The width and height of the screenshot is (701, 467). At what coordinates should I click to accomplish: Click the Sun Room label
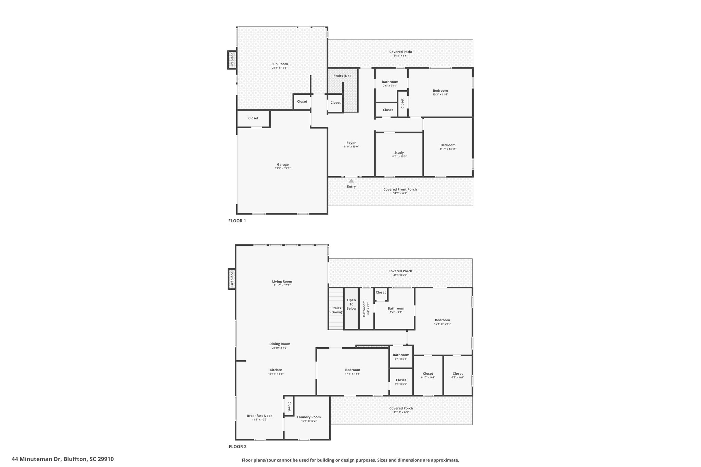pyautogui.click(x=280, y=64)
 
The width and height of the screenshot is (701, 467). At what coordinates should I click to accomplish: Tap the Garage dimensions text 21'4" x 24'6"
pyautogui.click(x=283, y=168)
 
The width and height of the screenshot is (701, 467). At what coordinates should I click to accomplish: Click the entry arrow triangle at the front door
pyautogui.click(x=351, y=181)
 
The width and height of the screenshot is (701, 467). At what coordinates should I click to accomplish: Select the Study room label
pyautogui.click(x=399, y=153)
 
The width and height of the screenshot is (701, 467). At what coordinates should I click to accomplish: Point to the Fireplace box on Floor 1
pyautogui.click(x=232, y=60)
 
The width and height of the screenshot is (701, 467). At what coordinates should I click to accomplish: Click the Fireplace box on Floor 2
pyautogui.click(x=232, y=279)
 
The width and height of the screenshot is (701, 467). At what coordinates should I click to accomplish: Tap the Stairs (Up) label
pyautogui.click(x=342, y=76)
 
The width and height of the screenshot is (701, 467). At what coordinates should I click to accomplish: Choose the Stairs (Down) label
pyautogui.click(x=336, y=310)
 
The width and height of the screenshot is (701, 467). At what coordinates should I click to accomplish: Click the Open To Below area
pyautogui.click(x=351, y=309)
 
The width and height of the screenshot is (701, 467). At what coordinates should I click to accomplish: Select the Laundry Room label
pyautogui.click(x=309, y=417)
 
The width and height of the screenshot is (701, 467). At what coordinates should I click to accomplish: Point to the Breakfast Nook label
pyautogui.click(x=260, y=416)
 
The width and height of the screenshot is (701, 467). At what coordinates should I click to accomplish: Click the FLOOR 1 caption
pyautogui.click(x=237, y=221)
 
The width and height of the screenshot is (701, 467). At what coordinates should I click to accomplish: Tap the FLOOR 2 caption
pyautogui.click(x=238, y=446)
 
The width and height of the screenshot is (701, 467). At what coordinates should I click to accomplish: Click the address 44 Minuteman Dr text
pyautogui.click(x=36, y=459)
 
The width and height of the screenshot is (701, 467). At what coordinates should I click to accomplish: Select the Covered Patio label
pyautogui.click(x=400, y=52)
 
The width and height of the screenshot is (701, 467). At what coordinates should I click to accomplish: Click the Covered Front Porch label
pyautogui.click(x=400, y=189)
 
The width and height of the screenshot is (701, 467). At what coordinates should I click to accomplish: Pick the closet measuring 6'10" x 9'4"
pyautogui.click(x=428, y=375)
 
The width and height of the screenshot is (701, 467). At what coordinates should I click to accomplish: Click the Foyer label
pyautogui.click(x=351, y=143)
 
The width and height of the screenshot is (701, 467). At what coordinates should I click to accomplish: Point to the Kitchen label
pyautogui.click(x=276, y=370)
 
